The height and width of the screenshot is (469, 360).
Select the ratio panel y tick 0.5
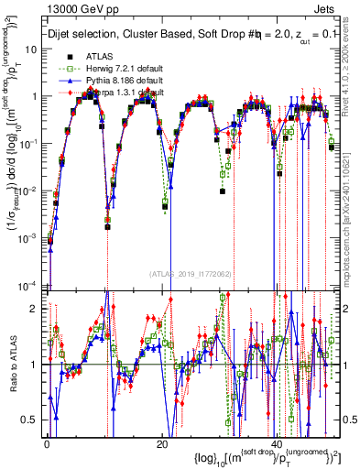(34, 420)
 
